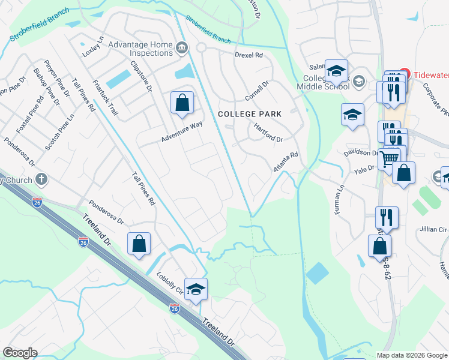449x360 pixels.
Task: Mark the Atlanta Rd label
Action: (286, 163)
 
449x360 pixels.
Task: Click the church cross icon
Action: (41, 179)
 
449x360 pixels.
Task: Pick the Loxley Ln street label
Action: (94, 46)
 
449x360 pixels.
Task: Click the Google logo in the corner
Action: (20, 353)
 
